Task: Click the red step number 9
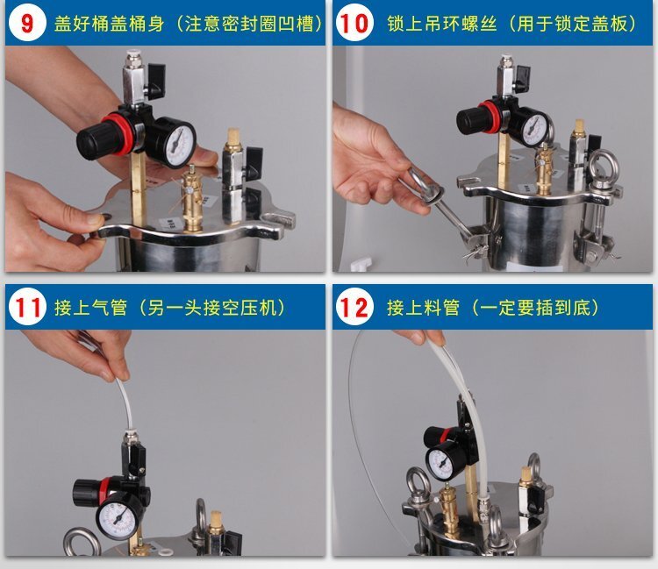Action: click(26, 23)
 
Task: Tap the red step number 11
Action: click(27, 307)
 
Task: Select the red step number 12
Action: click(354, 308)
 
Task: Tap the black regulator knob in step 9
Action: click(90, 140)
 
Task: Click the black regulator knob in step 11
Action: click(86, 493)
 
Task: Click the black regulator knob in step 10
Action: click(468, 120)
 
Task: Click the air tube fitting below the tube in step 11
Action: click(130, 434)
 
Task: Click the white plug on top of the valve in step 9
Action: click(133, 56)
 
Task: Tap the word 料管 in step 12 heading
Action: click(442, 308)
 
